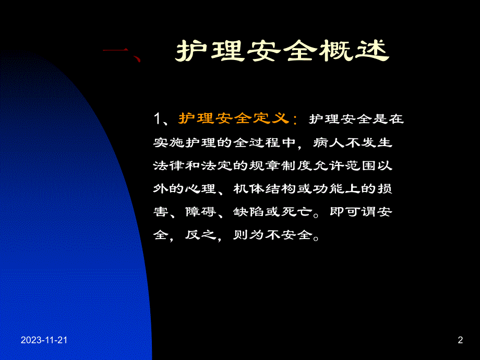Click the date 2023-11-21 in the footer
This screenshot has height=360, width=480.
pyautogui.click(x=44, y=341)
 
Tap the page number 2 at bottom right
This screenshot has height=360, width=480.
pyautogui.click(x=460, y=341)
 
